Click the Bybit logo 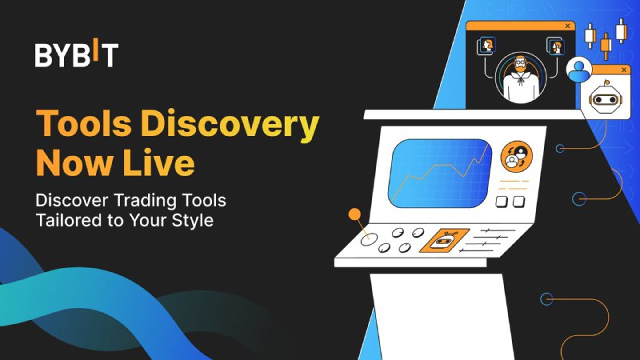coord(77,53)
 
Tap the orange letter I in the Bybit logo coord(95,49)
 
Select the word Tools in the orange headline coord(84,123)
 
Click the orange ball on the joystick coord(354,214)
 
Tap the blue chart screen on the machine coord(439,173)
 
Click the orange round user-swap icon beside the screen coord(516,157)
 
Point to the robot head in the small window coord(605,99)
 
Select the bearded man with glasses coord(521,79)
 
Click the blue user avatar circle coord(578,70)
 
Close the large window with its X coord(567,26)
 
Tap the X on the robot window coord(624,70)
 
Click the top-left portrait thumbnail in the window coord(486,46)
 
